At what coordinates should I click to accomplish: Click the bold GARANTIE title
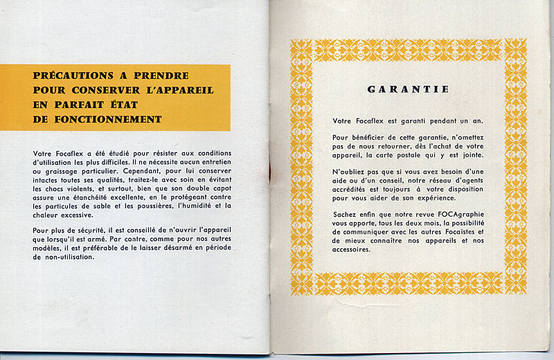(x=408, y=89)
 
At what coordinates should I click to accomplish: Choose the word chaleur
(x=48, y=215)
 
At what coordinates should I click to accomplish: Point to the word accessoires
(x=354, y=249)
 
